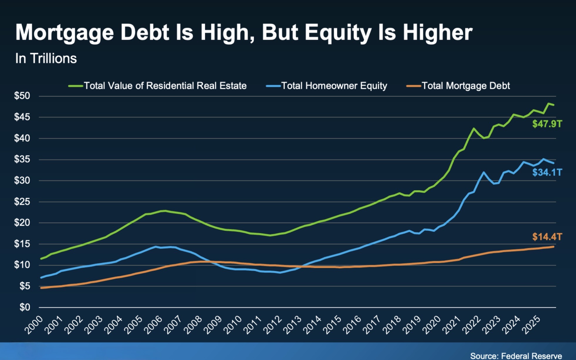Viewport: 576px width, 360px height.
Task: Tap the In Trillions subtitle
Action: [46, 58]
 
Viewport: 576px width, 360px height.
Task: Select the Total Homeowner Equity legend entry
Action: [327, 86]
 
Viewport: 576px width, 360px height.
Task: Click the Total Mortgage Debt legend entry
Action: [458, 86]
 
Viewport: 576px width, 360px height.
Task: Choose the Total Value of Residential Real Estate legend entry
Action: [158, 86]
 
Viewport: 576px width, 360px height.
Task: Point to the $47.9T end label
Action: [547, 124]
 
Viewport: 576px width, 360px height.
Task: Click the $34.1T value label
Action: [547, 172]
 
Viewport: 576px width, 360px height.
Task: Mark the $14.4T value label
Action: [547, 237]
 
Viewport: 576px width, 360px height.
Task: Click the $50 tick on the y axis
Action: [22, 96]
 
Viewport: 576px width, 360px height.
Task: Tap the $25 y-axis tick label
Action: [22, 201]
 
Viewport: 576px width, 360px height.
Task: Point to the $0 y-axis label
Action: [25, 307]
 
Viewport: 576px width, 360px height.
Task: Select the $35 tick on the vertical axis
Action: [22, 159]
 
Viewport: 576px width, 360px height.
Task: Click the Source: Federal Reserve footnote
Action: [516, 356]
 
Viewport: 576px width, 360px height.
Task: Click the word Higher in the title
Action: [438, 32]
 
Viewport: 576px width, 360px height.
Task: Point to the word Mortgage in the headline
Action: [65, 33]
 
